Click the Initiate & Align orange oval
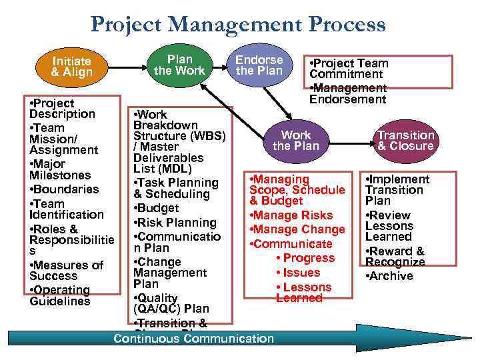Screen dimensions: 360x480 click(x=72, y=66)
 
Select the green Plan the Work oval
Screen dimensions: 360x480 click(x=179, y=65)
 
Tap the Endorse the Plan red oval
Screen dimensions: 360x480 click(x=259, y=65)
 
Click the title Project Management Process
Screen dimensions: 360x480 click(x=238, y=25)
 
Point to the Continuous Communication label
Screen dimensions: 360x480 click(x=193, y=339)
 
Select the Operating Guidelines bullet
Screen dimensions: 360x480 click(x=60, y=295)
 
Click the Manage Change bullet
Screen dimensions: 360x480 click(x=297, y=229)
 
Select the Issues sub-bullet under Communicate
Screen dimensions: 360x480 click(x=301, y=272)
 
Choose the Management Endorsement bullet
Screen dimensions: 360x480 click(x=347, y=93)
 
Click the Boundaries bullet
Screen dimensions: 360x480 click(x=64, y=189)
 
